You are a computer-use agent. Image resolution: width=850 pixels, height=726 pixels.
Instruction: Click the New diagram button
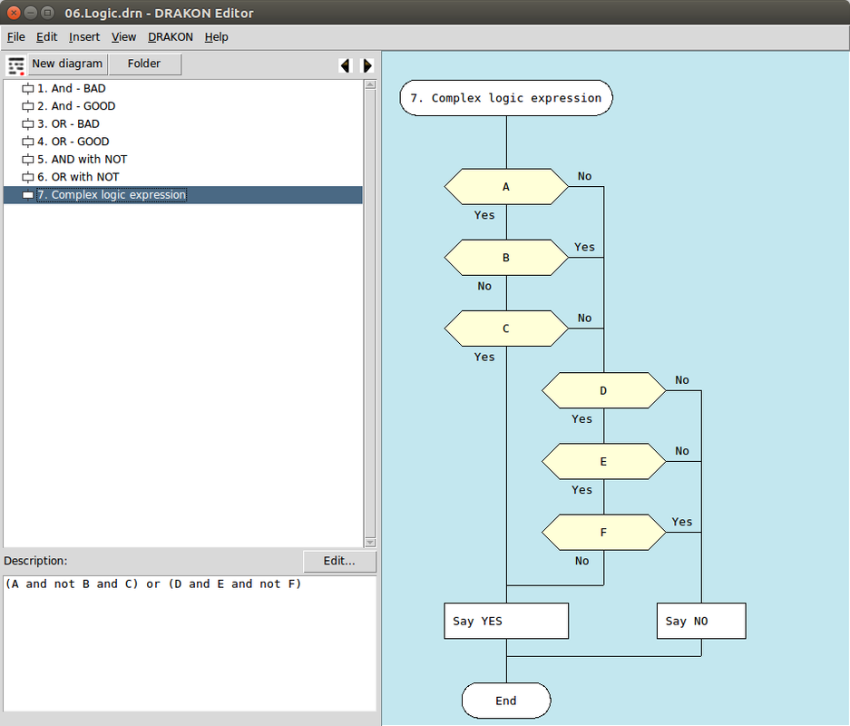tap(67, 64)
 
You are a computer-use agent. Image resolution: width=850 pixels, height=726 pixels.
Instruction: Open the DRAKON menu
tap(171, 37)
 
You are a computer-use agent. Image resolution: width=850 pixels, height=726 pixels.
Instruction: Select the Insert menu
tap(84, 37)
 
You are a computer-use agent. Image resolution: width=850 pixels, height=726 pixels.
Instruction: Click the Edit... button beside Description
tap(339, 561)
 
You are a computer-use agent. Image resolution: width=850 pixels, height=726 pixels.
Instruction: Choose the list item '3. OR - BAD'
tap(68, 123)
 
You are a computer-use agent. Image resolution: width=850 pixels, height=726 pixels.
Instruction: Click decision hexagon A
tap(506, 187)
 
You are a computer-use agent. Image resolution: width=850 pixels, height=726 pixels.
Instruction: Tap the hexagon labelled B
tap(506, 258)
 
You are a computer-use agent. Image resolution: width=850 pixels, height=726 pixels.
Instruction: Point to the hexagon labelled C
tap(506, 329)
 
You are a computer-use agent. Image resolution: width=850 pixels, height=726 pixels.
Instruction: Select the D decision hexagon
tap(604, 390)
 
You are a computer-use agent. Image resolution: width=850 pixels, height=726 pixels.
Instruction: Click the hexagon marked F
tap(604, 533)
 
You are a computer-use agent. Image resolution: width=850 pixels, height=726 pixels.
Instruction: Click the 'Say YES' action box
tap(506, 621)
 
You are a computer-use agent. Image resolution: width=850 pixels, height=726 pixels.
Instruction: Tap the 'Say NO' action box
tap(701, 621)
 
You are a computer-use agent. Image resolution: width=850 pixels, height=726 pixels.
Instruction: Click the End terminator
tap(506, 701)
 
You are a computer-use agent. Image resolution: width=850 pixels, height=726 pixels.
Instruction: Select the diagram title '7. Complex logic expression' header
tap(506, 98)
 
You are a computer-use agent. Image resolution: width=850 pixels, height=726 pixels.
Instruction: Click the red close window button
tap(15, 13)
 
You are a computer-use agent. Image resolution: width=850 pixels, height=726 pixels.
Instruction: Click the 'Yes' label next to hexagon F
tap(682, 522)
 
